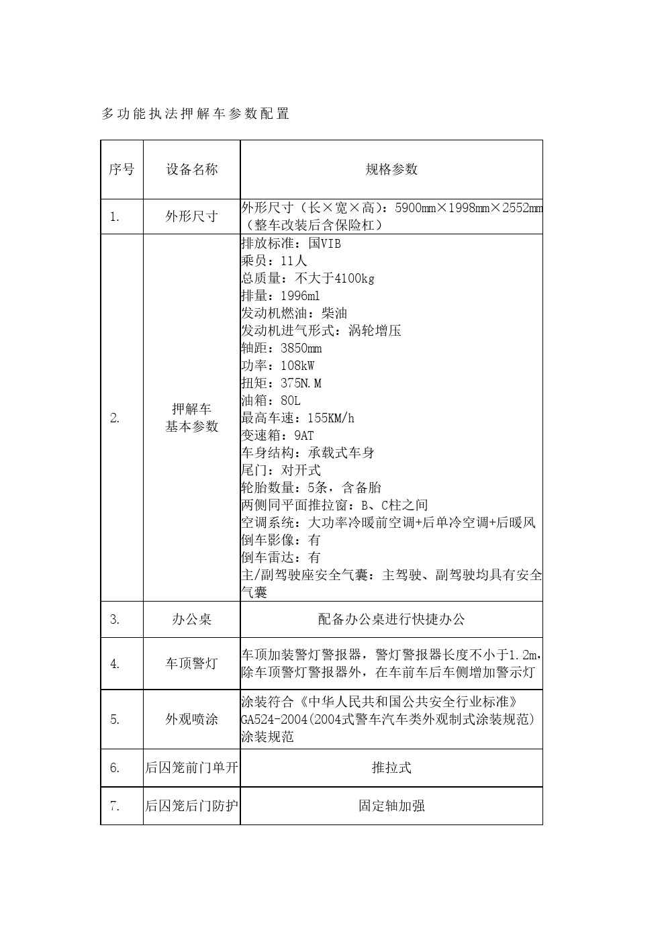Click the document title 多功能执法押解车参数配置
(x=195, y=114)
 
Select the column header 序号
(x=122, y=169)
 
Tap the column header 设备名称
(x=192, y=169)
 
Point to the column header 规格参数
(x=391, y=169)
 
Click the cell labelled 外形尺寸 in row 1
(x=192, y=217)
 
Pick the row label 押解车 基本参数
(x=192, y=418)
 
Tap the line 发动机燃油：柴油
(x=294, y=313)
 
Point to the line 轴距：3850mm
(x=281, y=348)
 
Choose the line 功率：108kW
(x=277, y=365)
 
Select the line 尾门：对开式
(x=281, y=470)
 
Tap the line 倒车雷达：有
(x=281, y=557)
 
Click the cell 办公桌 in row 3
(x=192, y=619)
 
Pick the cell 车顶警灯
(x=192, y=663)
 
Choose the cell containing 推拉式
(x=391, y=767)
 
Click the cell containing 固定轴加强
(x=391, y=806)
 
